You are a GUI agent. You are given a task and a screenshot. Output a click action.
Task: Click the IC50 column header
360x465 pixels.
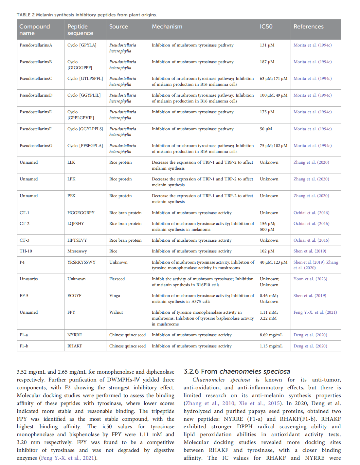point(266,27)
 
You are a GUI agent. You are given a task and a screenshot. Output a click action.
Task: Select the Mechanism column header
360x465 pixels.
point(167,27)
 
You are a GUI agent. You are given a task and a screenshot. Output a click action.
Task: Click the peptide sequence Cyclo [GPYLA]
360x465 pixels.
point(82,45)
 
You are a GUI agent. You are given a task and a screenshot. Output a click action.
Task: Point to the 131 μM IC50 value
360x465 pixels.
point(267,45)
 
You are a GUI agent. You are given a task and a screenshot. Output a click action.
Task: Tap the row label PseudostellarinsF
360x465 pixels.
point(36,129)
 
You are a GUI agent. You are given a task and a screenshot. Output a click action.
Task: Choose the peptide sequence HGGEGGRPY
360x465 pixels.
point(81,213)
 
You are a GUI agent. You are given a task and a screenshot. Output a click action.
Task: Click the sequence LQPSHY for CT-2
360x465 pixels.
point(76,224)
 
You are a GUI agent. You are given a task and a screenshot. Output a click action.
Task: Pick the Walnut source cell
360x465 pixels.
point(116,312)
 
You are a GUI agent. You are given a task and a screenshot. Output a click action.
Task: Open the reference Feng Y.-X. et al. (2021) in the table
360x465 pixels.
point(315,312)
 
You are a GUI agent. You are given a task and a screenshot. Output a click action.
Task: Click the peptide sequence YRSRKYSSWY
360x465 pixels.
point(81,262)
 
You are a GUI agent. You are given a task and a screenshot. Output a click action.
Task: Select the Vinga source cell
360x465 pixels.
point(115,296)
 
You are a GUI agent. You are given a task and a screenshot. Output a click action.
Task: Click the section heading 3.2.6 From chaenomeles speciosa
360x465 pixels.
point(237,371)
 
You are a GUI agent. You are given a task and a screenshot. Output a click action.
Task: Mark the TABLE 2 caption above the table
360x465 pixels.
point(87,15)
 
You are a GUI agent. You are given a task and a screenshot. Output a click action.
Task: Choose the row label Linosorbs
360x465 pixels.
point(28,279)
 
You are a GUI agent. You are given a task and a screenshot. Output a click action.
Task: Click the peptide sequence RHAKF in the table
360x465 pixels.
point(75,346)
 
